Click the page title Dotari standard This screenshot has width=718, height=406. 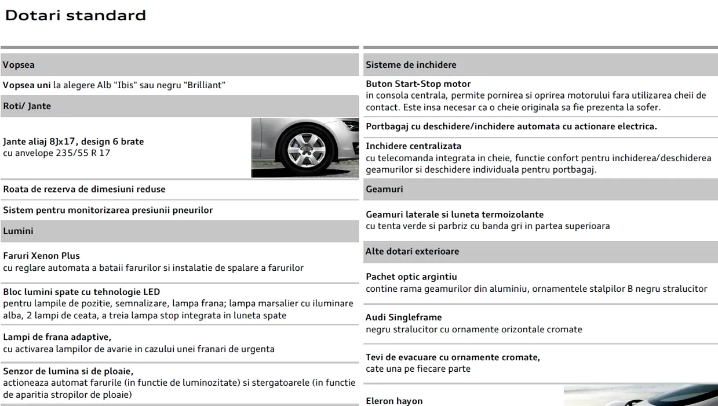point(75,16)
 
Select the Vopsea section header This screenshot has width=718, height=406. point(19,66)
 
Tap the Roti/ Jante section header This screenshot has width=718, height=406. point(27,106)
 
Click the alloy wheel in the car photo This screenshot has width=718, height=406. point(305,148)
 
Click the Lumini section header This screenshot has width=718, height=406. point(18,231)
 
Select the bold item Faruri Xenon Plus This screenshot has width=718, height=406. point(41,256)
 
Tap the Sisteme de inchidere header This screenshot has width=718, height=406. point(411,65)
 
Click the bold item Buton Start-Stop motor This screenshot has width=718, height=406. point(418,84)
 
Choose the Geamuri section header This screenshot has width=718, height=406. point(384,189)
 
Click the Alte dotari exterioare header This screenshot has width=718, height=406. point(412,251)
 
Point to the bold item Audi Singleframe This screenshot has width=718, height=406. point(403,317)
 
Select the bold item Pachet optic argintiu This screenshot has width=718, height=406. point(411,277)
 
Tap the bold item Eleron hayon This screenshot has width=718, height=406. point(394,401)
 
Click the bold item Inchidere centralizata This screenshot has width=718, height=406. point(413,146)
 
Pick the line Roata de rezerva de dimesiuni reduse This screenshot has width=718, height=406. point(84,189)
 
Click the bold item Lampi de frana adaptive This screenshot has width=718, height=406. point(57,337)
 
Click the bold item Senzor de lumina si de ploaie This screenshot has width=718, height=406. point(68,371)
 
